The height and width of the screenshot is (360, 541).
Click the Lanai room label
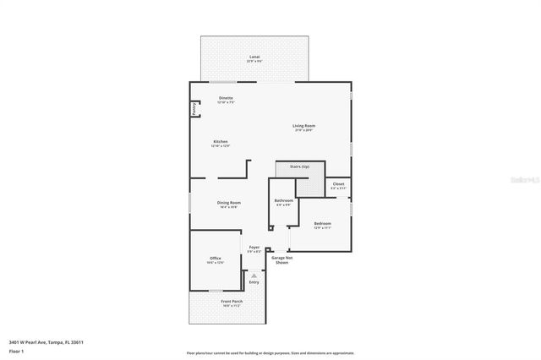click(254, 57)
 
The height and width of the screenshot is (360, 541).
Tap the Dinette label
click(226, 98)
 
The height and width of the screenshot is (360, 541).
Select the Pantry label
click(194, 108)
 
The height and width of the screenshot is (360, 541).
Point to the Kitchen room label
click(220, 141)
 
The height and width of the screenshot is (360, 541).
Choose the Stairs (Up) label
click(299, 166)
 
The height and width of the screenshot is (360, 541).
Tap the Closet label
click(338, 183)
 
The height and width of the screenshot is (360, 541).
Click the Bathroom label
click(283, 200)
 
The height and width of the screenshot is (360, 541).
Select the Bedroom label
click(322, 224)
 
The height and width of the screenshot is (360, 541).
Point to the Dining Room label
click(228, 203)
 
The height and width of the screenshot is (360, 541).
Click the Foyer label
click(254, 247)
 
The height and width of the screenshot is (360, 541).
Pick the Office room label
click(215, 258)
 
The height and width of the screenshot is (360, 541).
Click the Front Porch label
click(231, 302)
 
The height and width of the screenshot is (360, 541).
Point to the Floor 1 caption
click(17, 350)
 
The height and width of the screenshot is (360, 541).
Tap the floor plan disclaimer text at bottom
click(270, 352)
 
